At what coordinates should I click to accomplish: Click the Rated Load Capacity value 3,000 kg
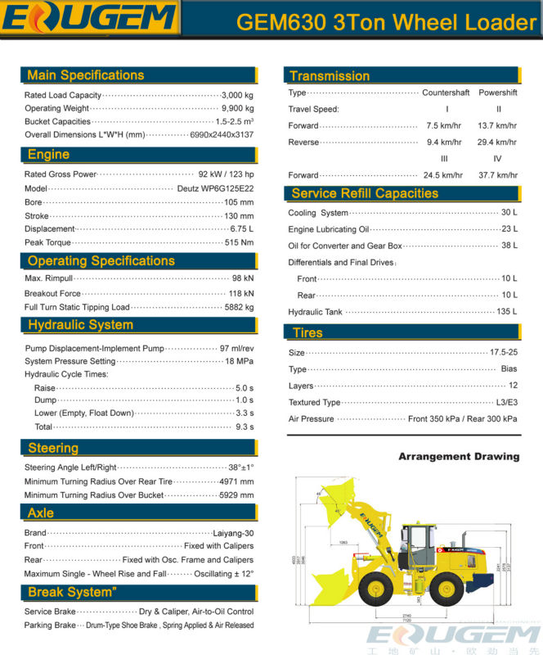pyautogui.click(x=237, y=95)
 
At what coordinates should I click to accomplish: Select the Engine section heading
pyautogui.click(x=48, y=155)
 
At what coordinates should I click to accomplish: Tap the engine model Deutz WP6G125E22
pyautogui.click(x=215, y=188)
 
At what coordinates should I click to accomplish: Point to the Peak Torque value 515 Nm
pyautogui.click(x=239, y=242)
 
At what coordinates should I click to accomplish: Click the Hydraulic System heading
pyautogui.click(x=80, y=325)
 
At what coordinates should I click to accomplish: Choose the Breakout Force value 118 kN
pyautogui.click(x=240, y=293)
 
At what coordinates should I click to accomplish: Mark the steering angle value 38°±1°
pyautogui.click(x=240, y=468)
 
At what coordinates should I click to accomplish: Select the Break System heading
pyautogui.click(x=72, y=592)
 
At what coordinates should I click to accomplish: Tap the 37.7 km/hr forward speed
pyautogui.click(x=497, y=175)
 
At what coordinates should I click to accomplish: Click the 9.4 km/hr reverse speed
pyautogui.click(x=444, y=142)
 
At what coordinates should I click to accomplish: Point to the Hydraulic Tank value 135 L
pyautogui.click(x=507, y=312)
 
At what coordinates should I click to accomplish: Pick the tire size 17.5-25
pyautogui.click(x=503, y=353)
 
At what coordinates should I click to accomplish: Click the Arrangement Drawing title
pyautogui.click(x=458, y=457)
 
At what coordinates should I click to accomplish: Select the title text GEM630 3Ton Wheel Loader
pyautogui.click(x=386, y=22)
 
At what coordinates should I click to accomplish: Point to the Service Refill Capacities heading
pyautogui.click(x=365, y=194)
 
